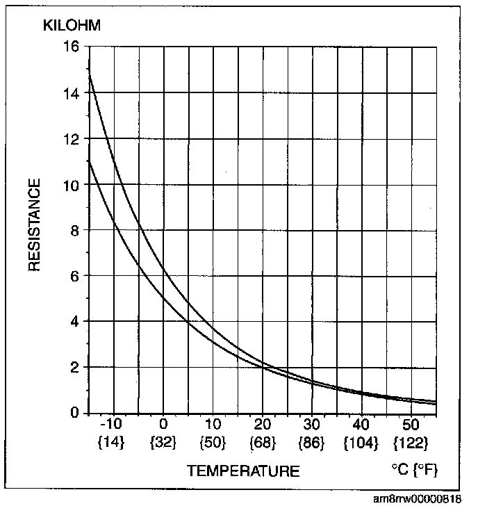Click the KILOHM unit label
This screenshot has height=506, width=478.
click(72, 25)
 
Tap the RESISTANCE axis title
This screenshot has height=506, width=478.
click(34, 225)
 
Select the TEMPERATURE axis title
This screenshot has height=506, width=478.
click(243, 471)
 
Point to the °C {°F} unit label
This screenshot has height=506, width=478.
click(415, 470)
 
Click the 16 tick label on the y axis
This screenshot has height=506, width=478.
click(71, 47)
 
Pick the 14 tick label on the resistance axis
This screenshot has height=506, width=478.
click(71, 94)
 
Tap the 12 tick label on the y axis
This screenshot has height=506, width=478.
click(71, 140)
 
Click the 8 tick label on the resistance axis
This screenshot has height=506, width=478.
click(75, 231)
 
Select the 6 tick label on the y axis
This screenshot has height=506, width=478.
click(75, 277)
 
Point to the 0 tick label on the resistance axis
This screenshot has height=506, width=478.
click(75, 413)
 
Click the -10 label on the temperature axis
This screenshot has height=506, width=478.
click(111, 424)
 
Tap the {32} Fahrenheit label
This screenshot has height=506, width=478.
click(163, 442)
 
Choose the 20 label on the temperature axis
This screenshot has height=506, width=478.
click(263, 424)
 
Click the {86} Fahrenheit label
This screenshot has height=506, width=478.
click(312, 442)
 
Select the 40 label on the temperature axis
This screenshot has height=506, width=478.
click(361, 424)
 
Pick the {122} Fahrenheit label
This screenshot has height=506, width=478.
click(411, 442)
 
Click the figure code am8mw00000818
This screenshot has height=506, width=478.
click(418, 498)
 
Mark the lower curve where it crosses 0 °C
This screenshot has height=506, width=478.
click(164, 298)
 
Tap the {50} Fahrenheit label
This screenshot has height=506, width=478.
click(213, 442)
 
